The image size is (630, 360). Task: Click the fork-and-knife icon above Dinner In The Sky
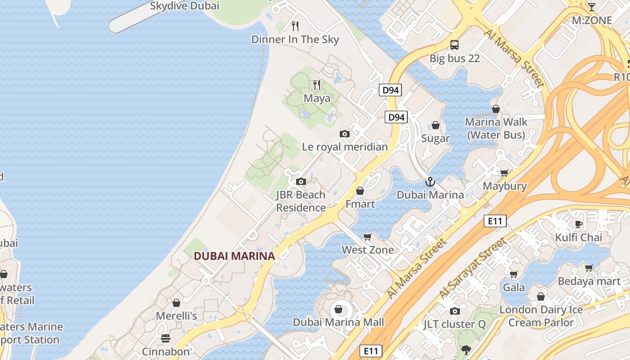coord(295,26)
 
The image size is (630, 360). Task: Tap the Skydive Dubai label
coord(184,6)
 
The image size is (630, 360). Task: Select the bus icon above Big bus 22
coord(454,45)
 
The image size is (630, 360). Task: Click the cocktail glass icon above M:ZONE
coord(591,7)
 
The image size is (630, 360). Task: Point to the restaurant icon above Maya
coord(317,85)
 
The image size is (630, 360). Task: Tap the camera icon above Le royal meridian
coord(345,134)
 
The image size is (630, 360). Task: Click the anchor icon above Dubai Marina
coord(430,182)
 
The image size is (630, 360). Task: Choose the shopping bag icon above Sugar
coord(436,125)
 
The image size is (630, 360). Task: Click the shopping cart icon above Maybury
coord(504,173)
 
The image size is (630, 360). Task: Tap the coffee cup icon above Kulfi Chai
coord(579,224)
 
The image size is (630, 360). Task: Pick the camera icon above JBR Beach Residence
coord(301,182)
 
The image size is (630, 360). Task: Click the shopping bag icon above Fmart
coord(360,191)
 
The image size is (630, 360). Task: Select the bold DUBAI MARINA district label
coord(234,256)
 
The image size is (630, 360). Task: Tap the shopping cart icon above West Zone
coord(368,237)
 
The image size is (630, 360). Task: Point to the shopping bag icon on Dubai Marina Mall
coord(338,309)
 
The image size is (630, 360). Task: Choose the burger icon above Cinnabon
coord(166,338)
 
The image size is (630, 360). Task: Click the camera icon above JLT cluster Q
coord(454,311)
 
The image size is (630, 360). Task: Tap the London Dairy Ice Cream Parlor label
coord(541,316)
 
